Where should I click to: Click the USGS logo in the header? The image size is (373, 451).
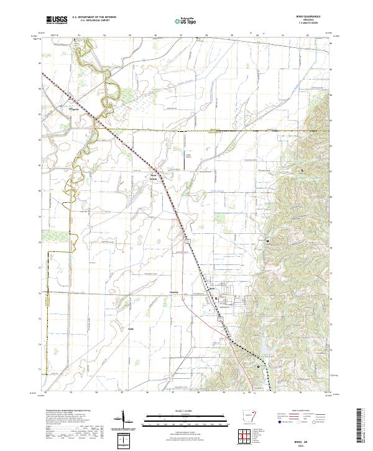coord(57,20)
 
